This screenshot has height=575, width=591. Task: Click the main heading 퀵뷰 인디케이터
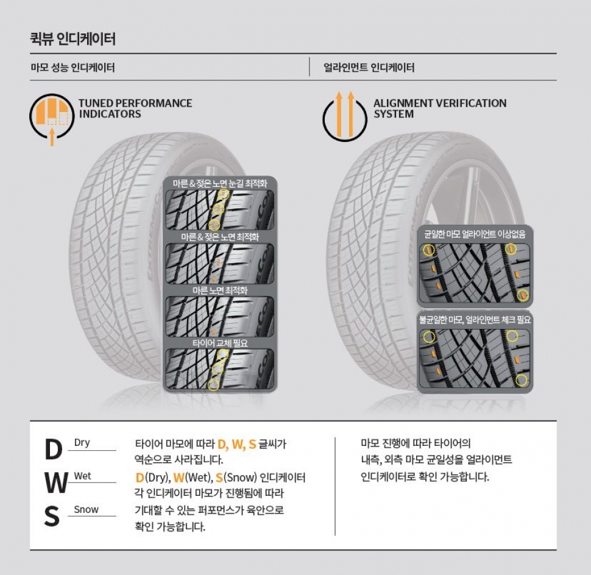[x=73, y=40]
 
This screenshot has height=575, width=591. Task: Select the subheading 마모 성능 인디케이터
[x=73, y=68]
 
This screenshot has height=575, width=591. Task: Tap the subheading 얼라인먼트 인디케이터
[x=369, y=68]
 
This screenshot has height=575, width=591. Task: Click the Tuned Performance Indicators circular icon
[x=52, y=115]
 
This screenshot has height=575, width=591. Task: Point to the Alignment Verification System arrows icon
[x=345, y=115]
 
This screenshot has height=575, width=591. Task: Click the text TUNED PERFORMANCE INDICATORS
[x=135, y=108]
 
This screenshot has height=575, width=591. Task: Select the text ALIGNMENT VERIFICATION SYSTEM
[x=439, y=108]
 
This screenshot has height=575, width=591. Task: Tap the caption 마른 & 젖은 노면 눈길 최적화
[x=220, y=183]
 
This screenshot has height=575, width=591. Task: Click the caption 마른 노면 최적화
[x=220, y=290]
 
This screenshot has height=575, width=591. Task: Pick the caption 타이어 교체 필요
[x=220, y=343]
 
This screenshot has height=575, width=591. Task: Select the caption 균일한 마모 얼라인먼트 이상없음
[x=475, y=233]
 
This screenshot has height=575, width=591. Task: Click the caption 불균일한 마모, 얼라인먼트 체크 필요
[x=475, y=319]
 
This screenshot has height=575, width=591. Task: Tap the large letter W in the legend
[x=55, y=484]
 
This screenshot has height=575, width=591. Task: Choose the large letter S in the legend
[x=52, y=517]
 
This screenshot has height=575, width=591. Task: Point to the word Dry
[x=82, y=443]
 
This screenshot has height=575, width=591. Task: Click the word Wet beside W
[x=82, y=476]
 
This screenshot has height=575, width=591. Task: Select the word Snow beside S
[x=86, y=509]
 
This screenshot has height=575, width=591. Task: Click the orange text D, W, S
[x=237, y=444]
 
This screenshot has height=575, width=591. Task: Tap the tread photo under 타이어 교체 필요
[x=220, y=370]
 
